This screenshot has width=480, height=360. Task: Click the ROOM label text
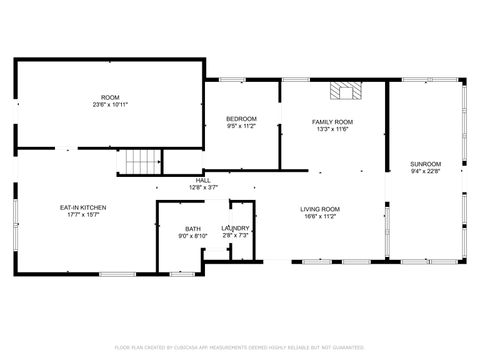tap(110, 97)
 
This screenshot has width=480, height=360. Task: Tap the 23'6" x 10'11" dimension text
tap(110, 104)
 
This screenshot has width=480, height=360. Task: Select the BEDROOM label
tap(241, 119)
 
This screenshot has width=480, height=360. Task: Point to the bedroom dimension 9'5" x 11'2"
tap(241, 126)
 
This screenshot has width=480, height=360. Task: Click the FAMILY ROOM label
tap(332, 121)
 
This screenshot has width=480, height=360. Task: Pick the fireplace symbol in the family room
tap(348, 91)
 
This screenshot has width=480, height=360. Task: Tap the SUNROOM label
tap(425, 163)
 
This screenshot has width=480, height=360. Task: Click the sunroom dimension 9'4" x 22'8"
tap(425, 171)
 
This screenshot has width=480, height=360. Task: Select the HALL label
tap(203, 180)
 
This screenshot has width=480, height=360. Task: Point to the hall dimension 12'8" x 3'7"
tap(203, 187)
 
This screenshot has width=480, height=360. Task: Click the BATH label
tap(192, 228)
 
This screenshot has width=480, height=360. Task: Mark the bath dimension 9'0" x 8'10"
tap(192, 236)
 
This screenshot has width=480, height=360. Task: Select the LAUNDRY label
tap(236, 228)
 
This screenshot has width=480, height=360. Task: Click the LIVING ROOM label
tap(321, 208)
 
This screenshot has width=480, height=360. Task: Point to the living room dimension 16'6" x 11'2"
tap(321, 215)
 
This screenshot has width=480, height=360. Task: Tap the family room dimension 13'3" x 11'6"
tap(332, 128)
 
